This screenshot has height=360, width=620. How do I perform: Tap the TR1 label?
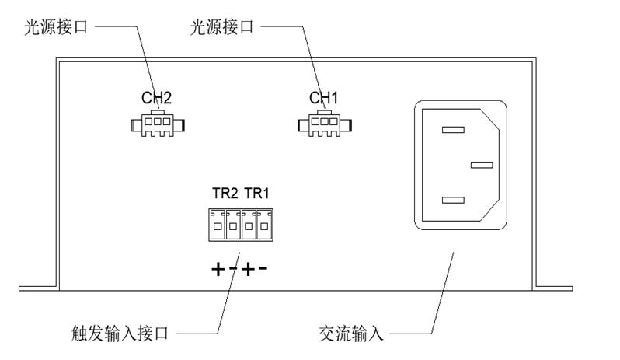(256, 194)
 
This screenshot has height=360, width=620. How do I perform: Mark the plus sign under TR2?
(218, 271)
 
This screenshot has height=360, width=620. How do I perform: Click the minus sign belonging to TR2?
(233, 271)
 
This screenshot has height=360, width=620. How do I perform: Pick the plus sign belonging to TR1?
(248, 271)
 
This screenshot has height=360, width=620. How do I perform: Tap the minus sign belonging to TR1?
(263, 271)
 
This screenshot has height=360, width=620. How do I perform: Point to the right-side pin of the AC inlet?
(482, 165)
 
